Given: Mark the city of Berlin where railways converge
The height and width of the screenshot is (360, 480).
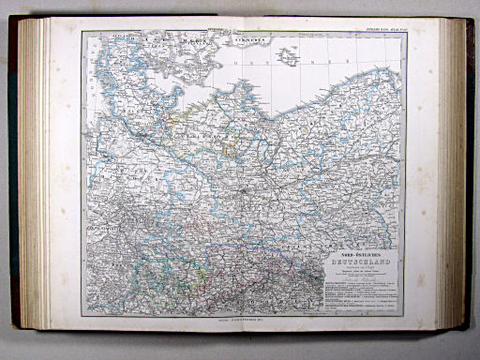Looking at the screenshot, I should click(243, 187).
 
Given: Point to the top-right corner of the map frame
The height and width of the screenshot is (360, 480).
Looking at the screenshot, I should click(402, 34).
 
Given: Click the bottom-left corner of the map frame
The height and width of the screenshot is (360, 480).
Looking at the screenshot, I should click(82, 316).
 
